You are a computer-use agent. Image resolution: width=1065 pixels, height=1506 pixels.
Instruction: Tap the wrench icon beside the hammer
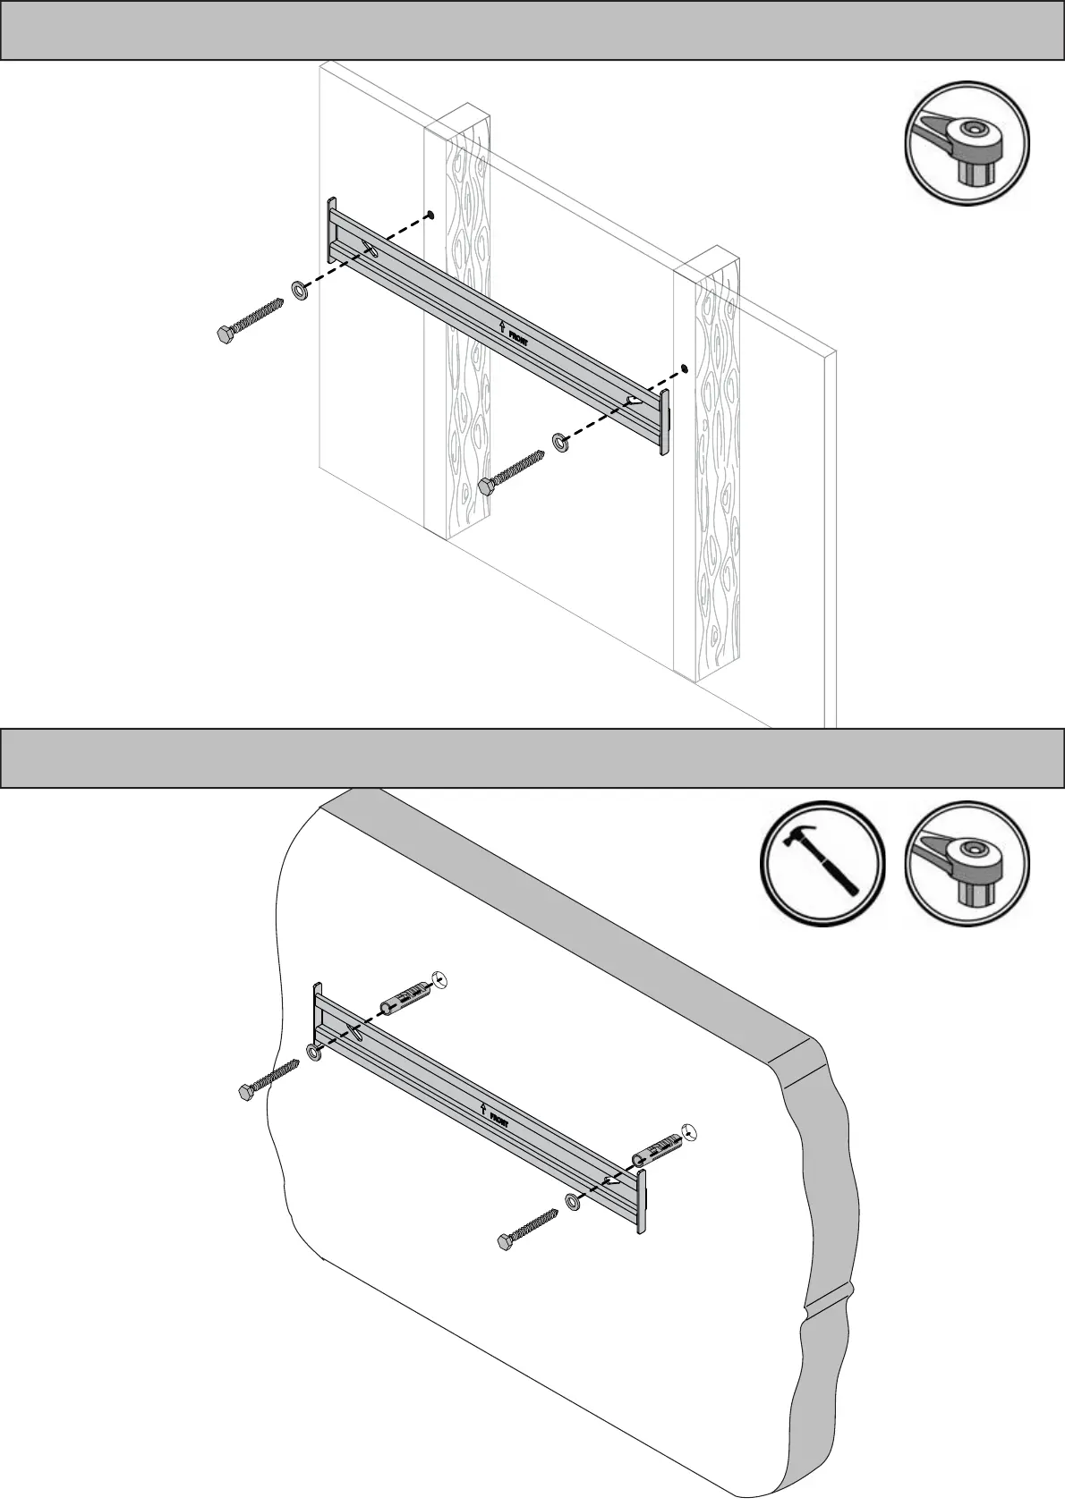coord(967,864)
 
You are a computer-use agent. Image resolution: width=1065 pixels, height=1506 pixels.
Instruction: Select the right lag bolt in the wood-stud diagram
coord(513,471)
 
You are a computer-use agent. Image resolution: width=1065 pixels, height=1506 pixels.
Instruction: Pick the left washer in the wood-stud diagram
coord(300,291)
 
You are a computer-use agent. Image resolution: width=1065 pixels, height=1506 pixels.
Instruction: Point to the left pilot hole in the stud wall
coord(430,215)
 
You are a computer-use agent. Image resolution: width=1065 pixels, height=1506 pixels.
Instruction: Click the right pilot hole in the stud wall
coord(686,368)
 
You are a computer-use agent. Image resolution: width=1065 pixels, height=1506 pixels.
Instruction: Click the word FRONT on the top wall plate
coord(518,339)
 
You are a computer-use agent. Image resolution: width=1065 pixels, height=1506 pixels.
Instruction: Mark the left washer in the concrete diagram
coord(315,1053)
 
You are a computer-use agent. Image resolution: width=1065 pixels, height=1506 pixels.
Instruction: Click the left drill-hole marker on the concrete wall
coord(438,978)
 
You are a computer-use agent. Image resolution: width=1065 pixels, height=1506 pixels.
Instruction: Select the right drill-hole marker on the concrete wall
coord(688,1132)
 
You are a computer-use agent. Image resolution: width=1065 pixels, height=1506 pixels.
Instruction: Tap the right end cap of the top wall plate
coord(665,422)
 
